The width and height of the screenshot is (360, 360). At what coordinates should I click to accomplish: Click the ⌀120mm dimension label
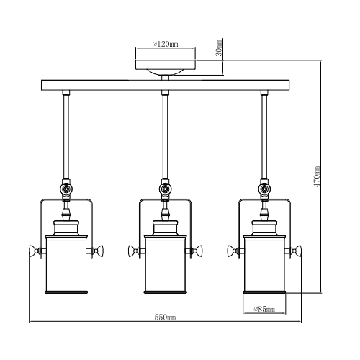[166, 44]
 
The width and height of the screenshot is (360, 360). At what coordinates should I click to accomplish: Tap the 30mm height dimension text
[219, 48]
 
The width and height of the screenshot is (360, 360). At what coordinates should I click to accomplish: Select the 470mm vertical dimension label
[317, 176]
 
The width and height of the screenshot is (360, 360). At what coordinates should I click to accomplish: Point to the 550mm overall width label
[165, 318]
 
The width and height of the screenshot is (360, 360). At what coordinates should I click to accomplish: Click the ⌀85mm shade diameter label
[264, 309]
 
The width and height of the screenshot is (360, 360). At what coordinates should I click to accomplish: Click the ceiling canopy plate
[166, 65]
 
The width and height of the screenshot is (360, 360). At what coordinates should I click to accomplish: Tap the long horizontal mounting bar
[165, 85]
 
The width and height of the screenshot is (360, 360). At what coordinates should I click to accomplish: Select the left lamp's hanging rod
[66, 137]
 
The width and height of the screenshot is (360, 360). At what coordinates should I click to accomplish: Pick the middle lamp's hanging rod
[165, 137]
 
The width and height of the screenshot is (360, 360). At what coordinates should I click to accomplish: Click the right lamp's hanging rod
[264, 137]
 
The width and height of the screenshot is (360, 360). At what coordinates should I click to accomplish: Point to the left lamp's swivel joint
[66, 189]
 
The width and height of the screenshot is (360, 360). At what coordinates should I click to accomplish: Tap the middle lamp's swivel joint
[165, 189]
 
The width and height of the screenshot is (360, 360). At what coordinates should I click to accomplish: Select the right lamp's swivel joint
[264, 189]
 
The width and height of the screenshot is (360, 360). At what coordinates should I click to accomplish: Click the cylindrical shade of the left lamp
[66, 264]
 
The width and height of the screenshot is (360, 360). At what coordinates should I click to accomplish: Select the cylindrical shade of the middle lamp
[166, 264]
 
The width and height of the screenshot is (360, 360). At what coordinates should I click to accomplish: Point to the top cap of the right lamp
[264, 228]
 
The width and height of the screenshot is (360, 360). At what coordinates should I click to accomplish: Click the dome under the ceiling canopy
[166, 72]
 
